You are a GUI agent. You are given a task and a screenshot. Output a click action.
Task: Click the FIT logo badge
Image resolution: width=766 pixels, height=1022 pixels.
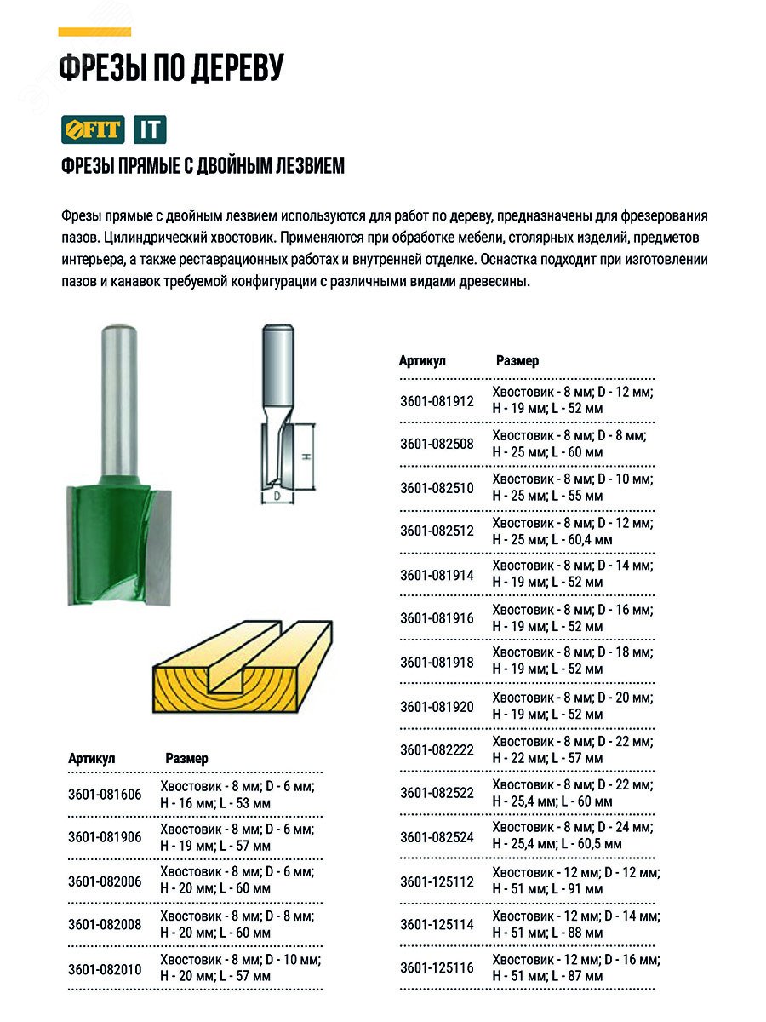pos(92,129)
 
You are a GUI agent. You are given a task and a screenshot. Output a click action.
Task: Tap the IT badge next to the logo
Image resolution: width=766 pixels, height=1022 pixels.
pos(150,129)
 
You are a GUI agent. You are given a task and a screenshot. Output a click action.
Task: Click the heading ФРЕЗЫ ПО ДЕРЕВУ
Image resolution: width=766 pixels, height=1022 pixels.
pos(170,69)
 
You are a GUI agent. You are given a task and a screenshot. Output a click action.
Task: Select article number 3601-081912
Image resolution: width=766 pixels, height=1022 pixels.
pos(437,400)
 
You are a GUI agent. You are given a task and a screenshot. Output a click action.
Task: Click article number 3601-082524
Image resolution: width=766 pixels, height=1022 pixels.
pos(437,836)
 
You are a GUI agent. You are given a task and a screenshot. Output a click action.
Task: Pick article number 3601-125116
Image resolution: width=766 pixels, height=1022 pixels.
pos(437,967)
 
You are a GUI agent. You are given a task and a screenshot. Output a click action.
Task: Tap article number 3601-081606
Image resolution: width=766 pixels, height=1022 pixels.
pos(105,795)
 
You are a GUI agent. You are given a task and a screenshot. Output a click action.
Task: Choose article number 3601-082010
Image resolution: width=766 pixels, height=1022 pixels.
pos(105,968)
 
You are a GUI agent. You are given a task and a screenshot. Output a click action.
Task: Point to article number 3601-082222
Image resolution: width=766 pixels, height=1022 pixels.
pos(437,749)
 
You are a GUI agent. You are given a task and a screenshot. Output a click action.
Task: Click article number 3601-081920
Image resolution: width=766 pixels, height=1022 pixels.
pos(437,706)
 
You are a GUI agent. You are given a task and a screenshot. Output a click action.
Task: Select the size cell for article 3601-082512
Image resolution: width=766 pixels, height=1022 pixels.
pos(572,531)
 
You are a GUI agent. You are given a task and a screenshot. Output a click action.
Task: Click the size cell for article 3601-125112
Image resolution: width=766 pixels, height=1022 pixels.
pos(575,881)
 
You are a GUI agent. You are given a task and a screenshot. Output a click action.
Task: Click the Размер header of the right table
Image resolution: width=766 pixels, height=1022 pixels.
pos(517,361)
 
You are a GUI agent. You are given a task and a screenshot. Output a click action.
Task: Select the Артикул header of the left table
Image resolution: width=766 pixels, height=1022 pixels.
pos(91,758)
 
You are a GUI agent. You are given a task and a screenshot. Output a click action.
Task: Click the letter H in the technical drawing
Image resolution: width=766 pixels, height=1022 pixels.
pos(305,456)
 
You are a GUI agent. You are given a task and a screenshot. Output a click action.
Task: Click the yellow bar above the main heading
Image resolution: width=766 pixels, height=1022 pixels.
pos(94,32)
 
